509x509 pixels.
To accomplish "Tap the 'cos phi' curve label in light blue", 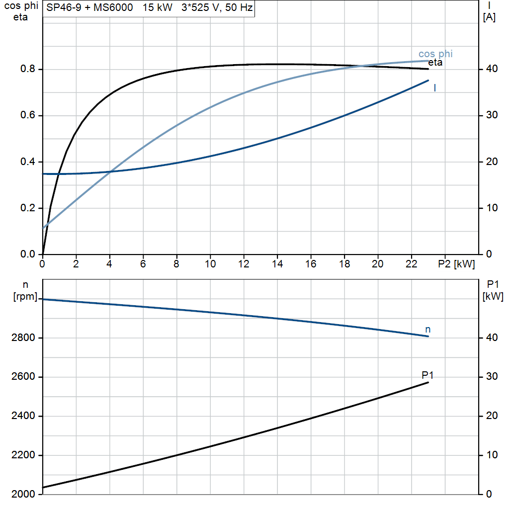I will (435, 54).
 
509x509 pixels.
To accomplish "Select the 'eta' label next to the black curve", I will (435, 63).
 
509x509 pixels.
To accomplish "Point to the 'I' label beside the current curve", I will (435, 88).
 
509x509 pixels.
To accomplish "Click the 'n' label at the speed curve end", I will (428, 330).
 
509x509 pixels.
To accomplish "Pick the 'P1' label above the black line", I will (428, 375).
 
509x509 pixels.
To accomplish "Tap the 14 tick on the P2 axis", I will (277, 264).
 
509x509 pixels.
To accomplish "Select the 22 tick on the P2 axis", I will (411, 264).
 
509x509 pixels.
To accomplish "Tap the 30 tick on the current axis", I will (490, 116).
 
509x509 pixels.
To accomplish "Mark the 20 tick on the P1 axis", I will (490, 416).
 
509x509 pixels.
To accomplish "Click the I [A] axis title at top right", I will (489, 12).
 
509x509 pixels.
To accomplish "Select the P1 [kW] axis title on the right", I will (493, 291).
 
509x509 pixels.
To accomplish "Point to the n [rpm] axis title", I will (25, 291).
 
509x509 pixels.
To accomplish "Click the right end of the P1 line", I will (428, 382).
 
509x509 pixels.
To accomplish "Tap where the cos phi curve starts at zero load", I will (43, 228).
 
